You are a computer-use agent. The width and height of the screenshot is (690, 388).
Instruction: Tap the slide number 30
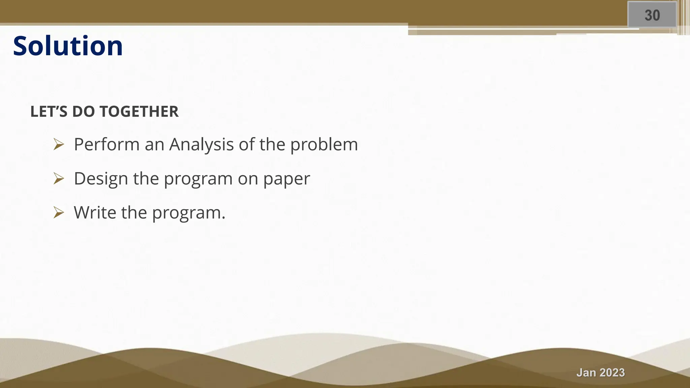[652, 15]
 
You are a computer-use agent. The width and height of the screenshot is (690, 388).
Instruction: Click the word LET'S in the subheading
[49, 112]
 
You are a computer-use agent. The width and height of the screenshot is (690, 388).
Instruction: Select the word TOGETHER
[139, 112]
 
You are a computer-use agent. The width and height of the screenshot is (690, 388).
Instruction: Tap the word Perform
[107, 144]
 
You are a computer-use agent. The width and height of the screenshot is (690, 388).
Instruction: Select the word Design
[101, 179]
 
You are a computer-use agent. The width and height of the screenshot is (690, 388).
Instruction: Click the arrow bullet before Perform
[59, 144]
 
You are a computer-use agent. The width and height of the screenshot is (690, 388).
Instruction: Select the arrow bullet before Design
[59, 179]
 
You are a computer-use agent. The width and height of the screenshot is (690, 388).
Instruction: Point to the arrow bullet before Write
[59, 213]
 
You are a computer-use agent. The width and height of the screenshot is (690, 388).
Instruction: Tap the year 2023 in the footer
[612, 373]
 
